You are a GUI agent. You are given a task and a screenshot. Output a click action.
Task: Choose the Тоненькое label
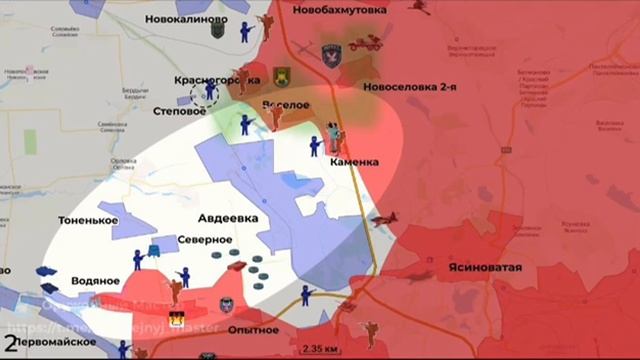(89, 220)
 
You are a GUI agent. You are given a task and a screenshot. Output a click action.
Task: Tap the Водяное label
(97, 283)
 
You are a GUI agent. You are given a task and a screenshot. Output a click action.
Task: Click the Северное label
(205, 240)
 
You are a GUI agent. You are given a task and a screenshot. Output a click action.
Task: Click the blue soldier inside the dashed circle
(209, 92)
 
